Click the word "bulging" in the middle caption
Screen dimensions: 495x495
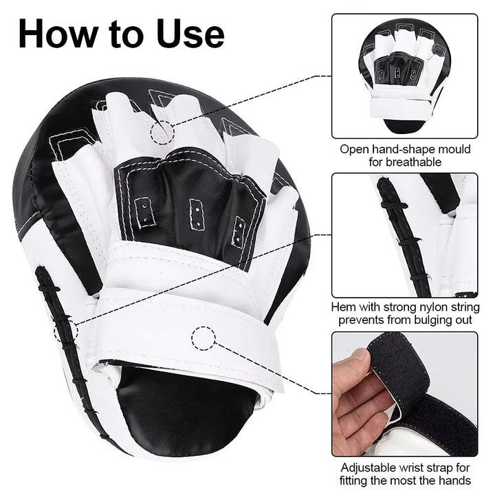coord(423,320)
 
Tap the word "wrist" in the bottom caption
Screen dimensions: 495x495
coord(421,467)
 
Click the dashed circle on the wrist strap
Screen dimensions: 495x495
coord(203,337)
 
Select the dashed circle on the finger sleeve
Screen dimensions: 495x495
coord(163,131)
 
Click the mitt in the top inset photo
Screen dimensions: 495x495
coord(404,76)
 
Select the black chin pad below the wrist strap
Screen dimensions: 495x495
coord(186,406)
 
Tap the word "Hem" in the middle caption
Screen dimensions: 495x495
coord(344,307)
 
